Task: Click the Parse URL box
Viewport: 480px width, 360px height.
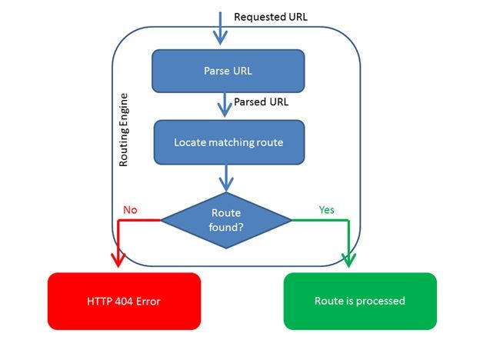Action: [228, 72]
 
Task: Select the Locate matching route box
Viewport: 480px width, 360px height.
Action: [228, 142]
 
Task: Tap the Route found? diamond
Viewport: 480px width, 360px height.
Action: [226, 220]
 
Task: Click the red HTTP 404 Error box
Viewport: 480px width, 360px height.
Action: [124, 301]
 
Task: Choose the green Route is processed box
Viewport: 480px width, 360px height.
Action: [359, 301]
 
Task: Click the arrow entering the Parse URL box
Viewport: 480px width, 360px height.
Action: [222, 32]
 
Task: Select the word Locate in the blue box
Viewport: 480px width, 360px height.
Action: [189, 142]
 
